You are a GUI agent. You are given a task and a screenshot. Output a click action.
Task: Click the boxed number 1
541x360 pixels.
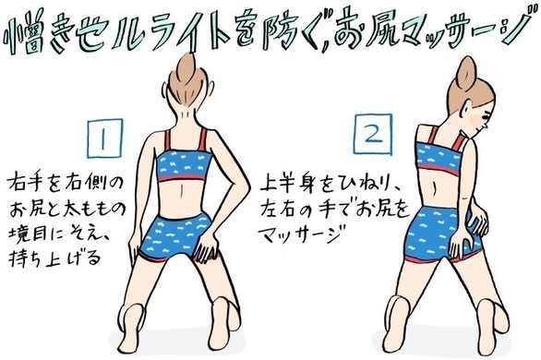coord(105,138)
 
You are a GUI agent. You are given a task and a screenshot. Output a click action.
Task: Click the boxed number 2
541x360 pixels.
coord(374,134)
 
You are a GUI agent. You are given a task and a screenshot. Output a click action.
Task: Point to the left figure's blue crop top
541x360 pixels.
coord(181,165)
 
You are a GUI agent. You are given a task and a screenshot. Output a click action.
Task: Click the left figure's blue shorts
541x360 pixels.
coord(176,235)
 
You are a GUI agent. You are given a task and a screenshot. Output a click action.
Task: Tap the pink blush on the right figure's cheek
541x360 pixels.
coord(477,121)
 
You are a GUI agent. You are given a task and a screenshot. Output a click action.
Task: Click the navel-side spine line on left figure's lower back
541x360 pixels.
coord(182,192)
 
